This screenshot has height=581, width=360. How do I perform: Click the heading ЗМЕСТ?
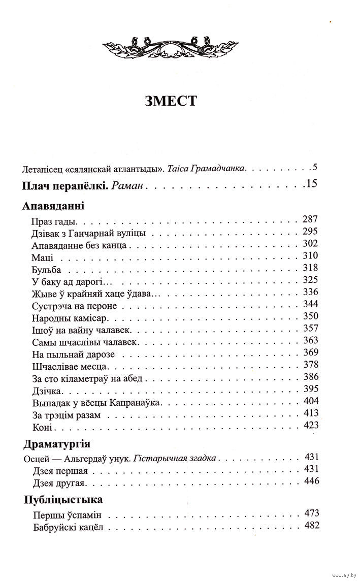(x=170, y=100)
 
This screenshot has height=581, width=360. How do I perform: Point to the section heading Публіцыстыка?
(x=60, y=499)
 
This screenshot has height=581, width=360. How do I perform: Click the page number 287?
(x=309, y=220)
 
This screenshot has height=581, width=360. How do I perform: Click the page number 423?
(x=309, y=426)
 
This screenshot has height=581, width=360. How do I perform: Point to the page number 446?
(x=309, y=480)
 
